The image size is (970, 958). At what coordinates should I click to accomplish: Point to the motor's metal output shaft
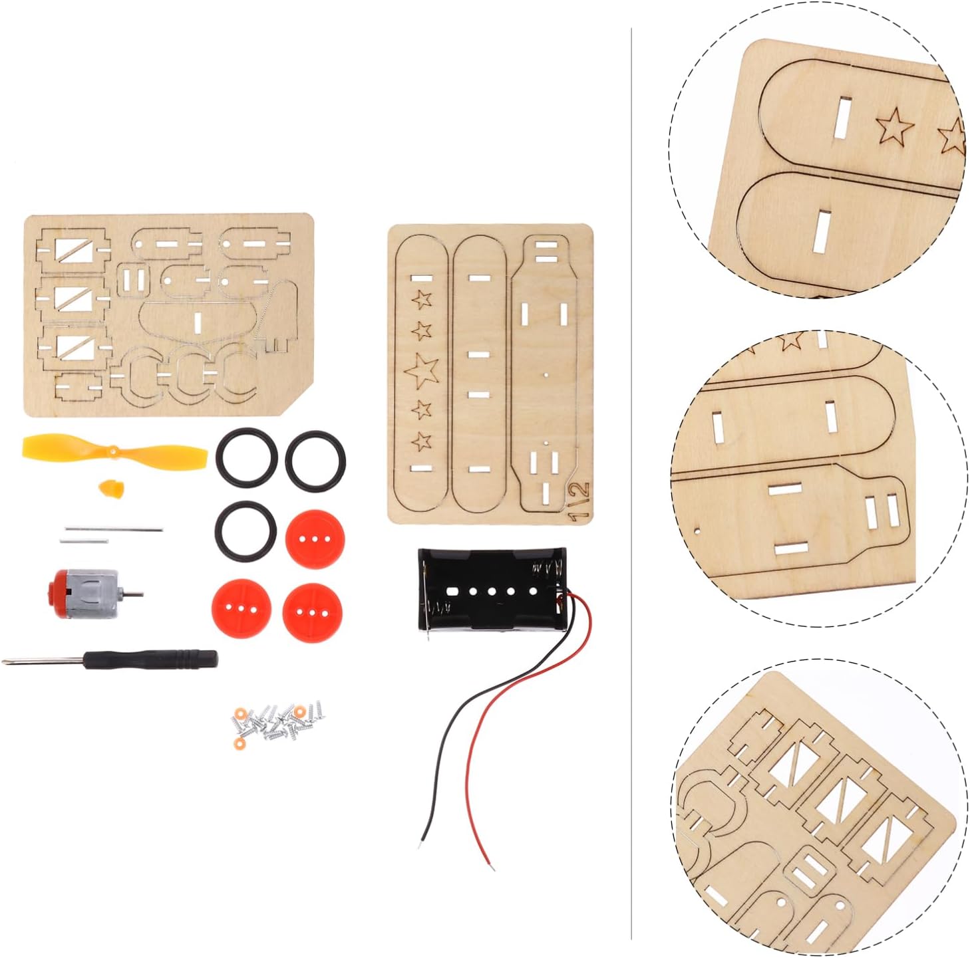point(136,590)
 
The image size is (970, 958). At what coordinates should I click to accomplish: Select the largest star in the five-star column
point(421,370)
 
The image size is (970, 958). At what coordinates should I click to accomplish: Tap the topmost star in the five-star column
point(421,300)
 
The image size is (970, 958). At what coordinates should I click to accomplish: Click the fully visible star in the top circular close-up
point(893,128)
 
